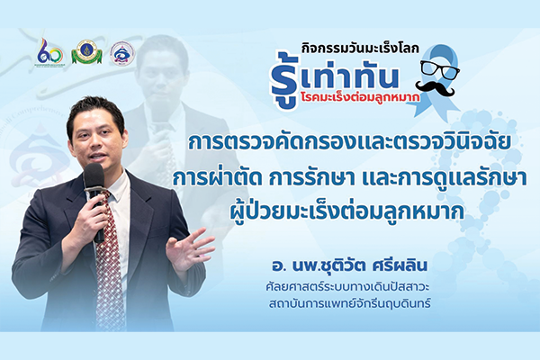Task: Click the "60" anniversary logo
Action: click(x=50, y=52)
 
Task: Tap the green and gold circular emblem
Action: click(x=86, y=52)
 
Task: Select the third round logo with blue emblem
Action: click(x=122, y=54)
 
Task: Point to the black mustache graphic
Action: click(x=435, y=88)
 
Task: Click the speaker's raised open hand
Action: click(x=190, y=250)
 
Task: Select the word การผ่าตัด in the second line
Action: click(x=217, y=180)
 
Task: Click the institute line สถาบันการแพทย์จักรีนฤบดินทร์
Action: click(x=350, y=304)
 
